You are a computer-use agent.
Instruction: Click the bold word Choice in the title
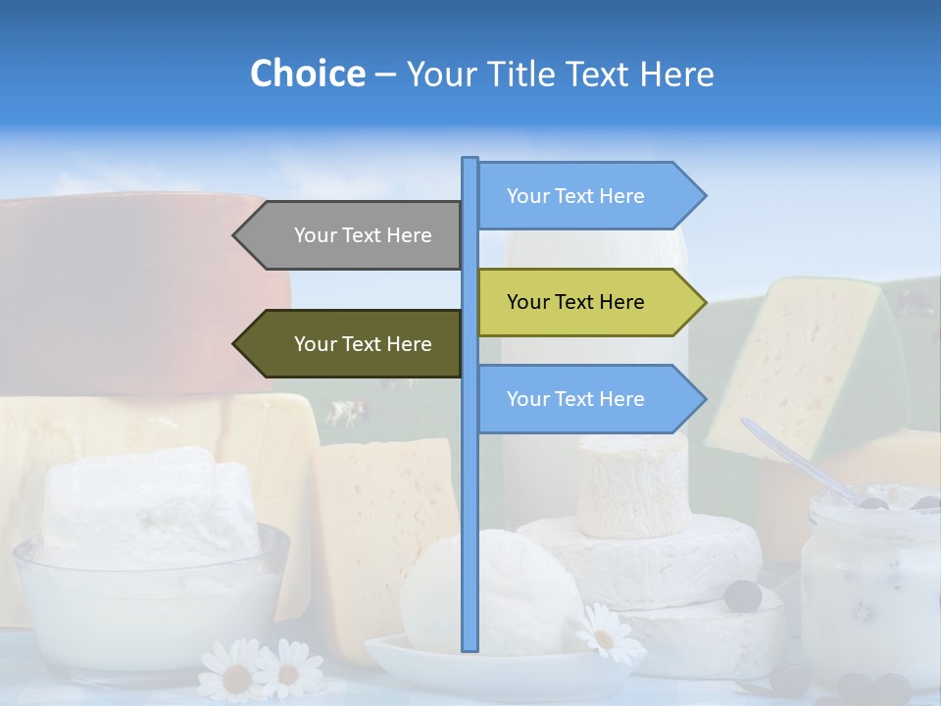pyautogui.click(x=307, y=74)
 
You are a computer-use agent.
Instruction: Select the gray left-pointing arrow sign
pyautogui.click(x=353, y=235)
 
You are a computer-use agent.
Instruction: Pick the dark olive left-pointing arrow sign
pyautogui.click(x=353, y=343)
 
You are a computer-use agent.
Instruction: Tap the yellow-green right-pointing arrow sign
pyautogui.click(x=583, y=302)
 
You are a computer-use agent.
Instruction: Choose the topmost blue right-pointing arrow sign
pyautogui.click(x=583, y=196)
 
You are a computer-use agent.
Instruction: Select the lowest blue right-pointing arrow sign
pyautogui.click(x=583, y=399)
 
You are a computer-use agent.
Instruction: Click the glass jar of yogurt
pyautogui.click(x=867, y=588)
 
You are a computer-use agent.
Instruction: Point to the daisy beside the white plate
pyautogui.click(x=602, y=634)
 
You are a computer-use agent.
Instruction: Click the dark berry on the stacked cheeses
pyautogui.click(x=743, y=595)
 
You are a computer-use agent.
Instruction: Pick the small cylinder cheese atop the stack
pyautogui.click(x=632, y=485)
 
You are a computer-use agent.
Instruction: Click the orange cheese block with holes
pyautogui.click(x=382, y=529)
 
